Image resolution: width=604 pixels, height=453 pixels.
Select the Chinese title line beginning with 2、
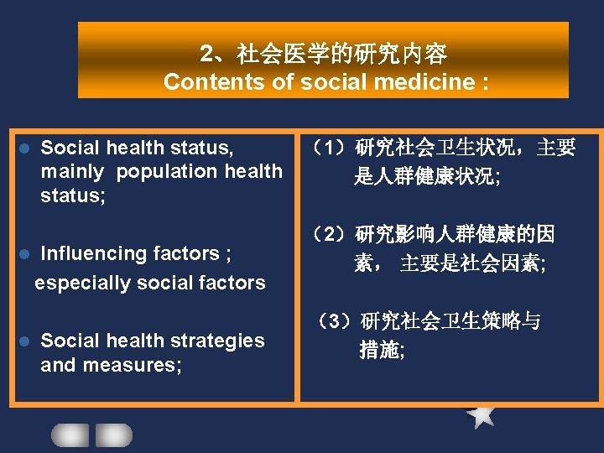[x=323, y=55]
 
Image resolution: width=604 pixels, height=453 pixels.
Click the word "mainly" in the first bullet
[x=72, y=172]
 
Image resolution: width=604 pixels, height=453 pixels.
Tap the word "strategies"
[x=214, y=341]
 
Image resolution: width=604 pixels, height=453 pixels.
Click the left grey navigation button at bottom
[x=70, y=435]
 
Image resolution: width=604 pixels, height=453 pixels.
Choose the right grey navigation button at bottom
[x=113, y=435]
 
